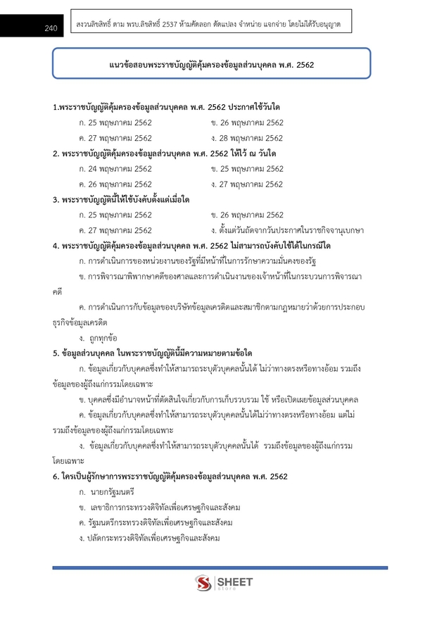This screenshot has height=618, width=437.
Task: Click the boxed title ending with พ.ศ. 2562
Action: coord(211,65)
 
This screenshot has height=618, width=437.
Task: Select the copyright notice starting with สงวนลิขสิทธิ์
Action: coord(208,25)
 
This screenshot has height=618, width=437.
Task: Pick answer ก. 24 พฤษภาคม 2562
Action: coord(115,169)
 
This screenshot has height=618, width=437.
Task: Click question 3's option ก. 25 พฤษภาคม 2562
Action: coord(115,215)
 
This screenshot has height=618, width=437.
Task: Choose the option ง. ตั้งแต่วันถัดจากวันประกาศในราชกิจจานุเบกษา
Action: coord(287,230)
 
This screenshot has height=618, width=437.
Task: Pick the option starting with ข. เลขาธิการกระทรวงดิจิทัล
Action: coord(160,507)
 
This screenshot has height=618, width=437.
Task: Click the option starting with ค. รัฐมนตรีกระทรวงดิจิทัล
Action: coord(156,523)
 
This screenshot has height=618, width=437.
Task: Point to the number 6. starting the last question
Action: coord(56,477)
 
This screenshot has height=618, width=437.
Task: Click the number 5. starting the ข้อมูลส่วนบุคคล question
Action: coord(56,353)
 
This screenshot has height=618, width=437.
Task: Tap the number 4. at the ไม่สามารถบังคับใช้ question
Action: coord(56,246)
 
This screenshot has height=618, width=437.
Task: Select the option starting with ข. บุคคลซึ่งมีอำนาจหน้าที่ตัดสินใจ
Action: coord(218,399)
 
